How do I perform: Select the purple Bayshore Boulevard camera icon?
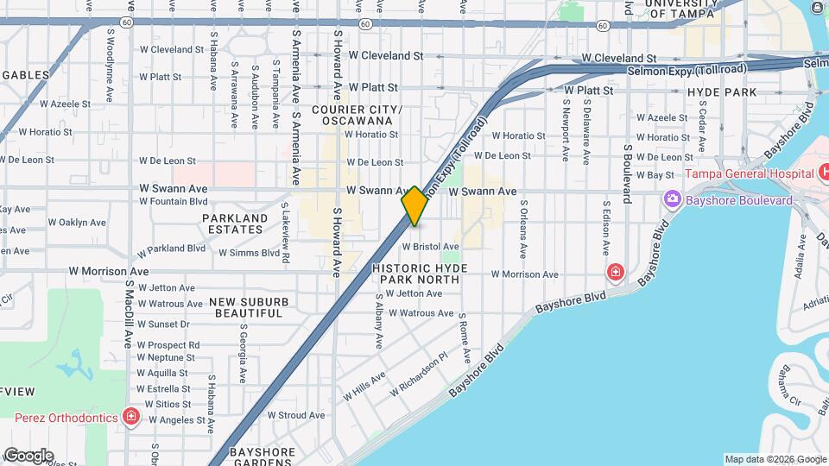click(x=672, y=200)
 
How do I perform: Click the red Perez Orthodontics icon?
click(x=130, y=418)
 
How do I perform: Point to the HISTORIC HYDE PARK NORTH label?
click(x=421, y=274)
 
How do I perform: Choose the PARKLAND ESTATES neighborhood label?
click(x=235, y=224)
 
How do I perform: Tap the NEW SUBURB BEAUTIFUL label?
click(x=250, y=308)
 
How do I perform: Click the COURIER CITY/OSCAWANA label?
click(x=357, y=115)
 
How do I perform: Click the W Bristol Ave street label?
click(x=430, y=247)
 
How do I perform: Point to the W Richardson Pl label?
click(x=419, y=374)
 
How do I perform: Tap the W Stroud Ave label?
click(x=295, y=415)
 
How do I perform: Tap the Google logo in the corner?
click(x=28, y=455)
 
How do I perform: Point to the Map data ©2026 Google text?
click(x=775, y=459)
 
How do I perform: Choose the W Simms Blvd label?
click(x=250, y=253)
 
